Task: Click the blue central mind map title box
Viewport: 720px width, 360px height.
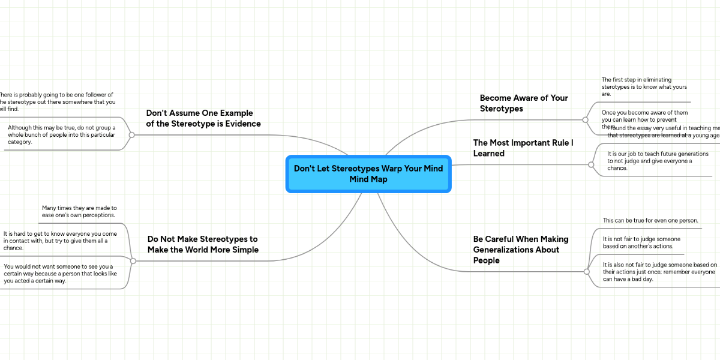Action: click(368, 174)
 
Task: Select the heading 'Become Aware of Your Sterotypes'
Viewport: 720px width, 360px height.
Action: click(523, 103)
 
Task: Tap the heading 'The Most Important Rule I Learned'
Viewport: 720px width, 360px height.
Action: click(523, 148)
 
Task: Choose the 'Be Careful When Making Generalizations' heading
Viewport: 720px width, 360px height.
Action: click(520, 250)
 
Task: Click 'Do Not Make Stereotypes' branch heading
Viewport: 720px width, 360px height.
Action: click(203, 244)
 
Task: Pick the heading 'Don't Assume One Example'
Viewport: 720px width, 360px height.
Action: click(203, 118)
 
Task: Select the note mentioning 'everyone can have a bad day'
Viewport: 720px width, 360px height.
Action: click(659, 272)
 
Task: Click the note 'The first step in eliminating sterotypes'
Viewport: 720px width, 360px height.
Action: click(636, 86)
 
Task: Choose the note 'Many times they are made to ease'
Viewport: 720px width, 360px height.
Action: click(79, 211)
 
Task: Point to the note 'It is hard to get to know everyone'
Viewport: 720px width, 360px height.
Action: click(60, 241)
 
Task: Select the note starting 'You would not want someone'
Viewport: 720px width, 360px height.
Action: click(60, 274)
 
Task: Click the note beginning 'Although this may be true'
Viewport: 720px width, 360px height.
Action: click(61, 134)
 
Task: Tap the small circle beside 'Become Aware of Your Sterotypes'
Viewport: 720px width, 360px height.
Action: click(585, 119)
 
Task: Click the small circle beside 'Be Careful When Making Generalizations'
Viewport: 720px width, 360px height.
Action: click(587, 272)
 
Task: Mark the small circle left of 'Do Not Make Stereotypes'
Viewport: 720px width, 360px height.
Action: click(133, 261)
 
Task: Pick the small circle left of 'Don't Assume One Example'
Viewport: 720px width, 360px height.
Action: click(131, 135)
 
